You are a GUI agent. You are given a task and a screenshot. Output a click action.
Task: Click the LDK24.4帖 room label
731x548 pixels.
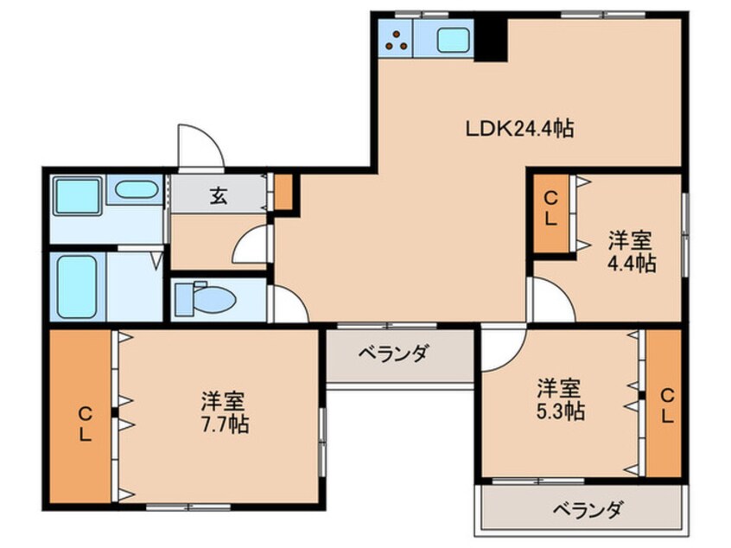click(x=520, y=129)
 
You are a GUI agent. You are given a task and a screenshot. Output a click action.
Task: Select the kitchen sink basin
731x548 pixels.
click(x=453, y=39)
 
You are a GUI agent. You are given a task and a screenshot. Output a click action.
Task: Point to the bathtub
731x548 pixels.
click(x=77, y=287)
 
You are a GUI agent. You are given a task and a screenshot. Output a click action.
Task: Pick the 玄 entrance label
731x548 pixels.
click(x=219, y=196)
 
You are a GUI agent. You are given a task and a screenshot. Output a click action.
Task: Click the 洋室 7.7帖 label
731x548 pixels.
click(x=225, y=412)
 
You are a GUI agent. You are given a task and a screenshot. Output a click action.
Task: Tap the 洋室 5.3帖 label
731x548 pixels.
click(x=560, y=399)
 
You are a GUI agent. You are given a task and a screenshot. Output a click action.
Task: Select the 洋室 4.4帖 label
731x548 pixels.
click(x=632, y=252)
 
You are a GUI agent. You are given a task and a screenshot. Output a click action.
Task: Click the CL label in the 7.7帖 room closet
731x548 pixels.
click(x=85, y=424)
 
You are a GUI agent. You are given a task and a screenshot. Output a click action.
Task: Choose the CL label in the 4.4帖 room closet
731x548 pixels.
click(x=551, y=209)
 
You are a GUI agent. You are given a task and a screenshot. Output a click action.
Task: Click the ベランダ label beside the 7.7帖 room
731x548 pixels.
click(x=392, y=354)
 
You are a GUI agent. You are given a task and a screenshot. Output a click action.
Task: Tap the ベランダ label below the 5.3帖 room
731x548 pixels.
click(x=588, y=510)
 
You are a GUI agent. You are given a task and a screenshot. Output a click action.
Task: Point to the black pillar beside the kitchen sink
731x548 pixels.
click(x=491, y=39)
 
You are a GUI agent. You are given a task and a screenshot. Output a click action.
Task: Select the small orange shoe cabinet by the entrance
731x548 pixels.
click(x=283, y=192)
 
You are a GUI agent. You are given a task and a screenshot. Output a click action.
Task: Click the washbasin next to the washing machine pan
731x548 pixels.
click(x=136, y=190)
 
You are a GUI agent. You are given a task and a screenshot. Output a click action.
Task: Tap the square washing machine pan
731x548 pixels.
click(x=77, y=196)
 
